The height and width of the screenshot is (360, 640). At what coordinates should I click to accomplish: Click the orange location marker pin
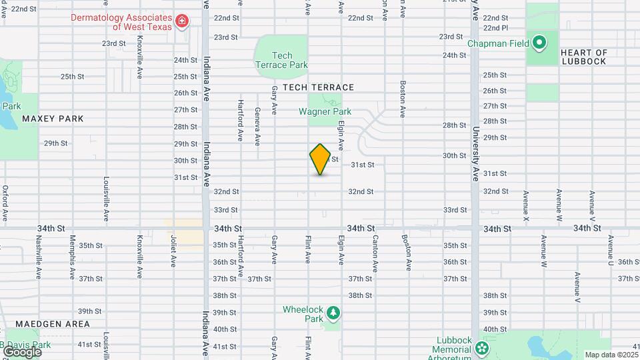point(320,159)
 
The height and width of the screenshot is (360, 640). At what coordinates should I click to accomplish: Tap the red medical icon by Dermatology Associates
point(181,23)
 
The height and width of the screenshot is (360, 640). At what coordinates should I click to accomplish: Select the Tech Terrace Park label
point(281,60)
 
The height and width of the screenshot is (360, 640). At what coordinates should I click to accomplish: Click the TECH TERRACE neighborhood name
point(318,87)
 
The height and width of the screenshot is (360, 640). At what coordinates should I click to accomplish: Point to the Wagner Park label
point(325,112)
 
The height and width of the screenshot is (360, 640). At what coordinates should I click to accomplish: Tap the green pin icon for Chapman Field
point(539,44)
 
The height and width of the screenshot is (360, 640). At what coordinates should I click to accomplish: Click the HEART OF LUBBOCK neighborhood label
point(583,57)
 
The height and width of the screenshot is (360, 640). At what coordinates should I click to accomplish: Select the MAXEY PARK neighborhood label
point(53,119)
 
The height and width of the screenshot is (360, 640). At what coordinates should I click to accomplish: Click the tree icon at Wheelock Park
point(332,313)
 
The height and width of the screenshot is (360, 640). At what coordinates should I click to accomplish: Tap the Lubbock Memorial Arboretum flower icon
point(482,349)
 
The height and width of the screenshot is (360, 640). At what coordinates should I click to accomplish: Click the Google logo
point(21,351)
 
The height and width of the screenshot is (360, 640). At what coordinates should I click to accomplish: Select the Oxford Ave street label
point(5,203)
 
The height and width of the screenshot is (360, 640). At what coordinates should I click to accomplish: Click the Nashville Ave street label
point(39,260)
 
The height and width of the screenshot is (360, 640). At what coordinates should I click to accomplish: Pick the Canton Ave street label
point(375,253)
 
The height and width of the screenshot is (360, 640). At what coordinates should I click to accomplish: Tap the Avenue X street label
point(526,206)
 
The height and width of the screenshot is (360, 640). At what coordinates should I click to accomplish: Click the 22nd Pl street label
point(495,28)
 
